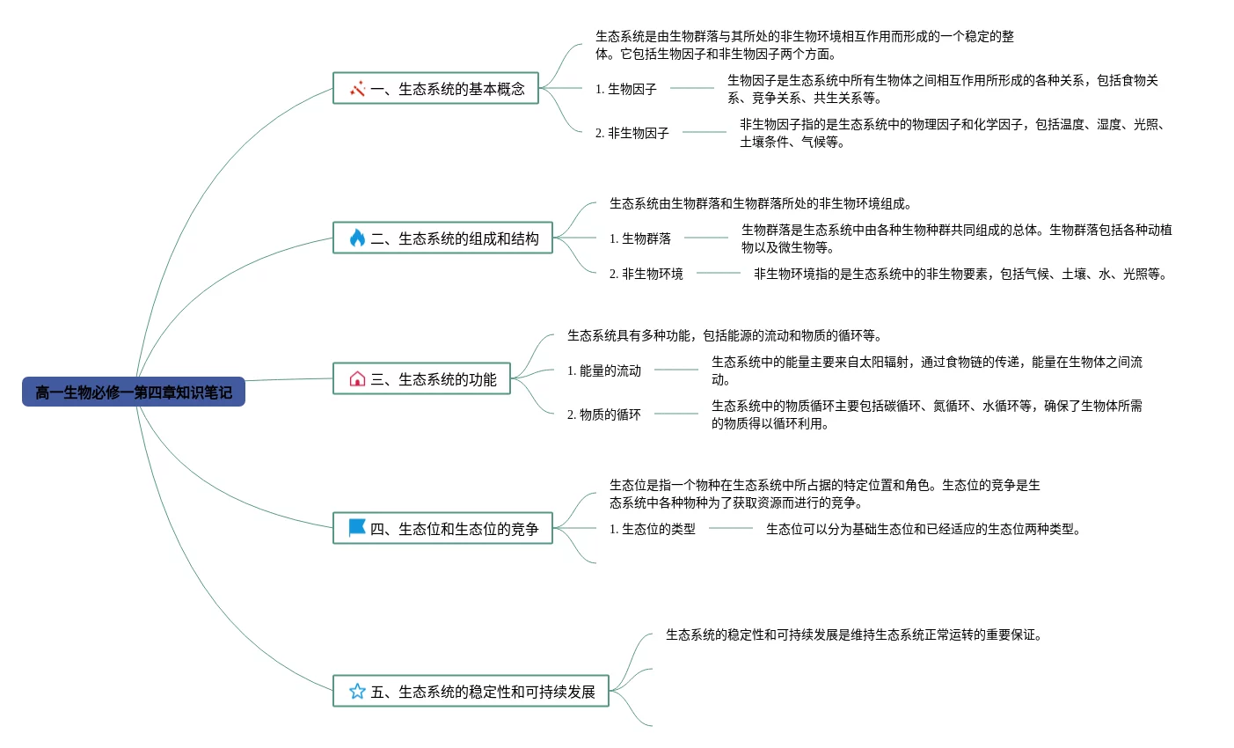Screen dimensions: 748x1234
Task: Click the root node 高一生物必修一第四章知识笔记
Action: click(134, 392)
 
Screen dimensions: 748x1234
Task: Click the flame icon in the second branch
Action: click(357, 238)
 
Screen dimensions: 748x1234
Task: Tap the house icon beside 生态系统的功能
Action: click(357, 379)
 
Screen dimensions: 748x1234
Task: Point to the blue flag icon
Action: click(357, 528)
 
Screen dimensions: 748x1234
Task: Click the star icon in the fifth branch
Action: click(357, 692)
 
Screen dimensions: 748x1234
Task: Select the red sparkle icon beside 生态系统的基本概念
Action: click(357, 89)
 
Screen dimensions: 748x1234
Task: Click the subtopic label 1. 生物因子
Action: click(626, 89)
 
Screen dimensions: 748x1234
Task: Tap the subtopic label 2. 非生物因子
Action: click(632, 133)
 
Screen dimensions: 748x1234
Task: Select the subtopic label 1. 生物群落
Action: click(640, 238)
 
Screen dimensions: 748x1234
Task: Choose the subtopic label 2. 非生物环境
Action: click(646, 274)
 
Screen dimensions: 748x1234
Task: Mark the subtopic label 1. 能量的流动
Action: click(604, 370)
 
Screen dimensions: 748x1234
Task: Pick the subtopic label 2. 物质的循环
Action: click(604, 414)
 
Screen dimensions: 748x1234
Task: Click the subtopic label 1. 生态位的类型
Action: click(653, 529)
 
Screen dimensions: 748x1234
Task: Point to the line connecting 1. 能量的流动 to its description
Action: click(676, 370)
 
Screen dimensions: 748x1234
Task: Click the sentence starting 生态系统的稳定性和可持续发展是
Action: click(854, 634)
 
